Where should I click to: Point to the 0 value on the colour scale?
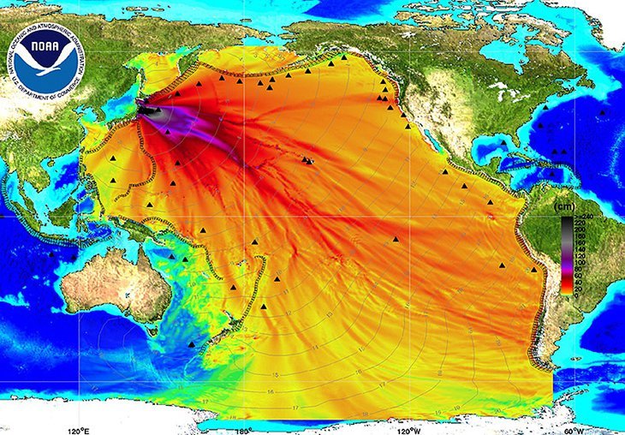click(578, 295)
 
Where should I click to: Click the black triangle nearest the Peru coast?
click(534, 270)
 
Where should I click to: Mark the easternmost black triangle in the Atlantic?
click(603, 112)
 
